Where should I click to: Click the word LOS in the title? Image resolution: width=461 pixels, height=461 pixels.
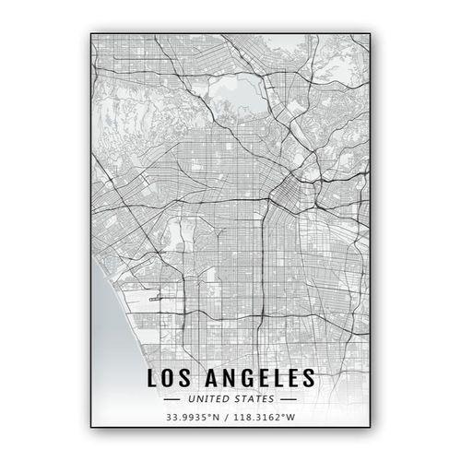[171, 377]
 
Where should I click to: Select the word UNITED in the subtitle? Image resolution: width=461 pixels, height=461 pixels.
[207, 399]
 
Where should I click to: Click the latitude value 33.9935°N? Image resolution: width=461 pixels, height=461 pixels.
[192, 419]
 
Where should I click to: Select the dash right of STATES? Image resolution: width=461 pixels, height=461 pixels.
[288, 399]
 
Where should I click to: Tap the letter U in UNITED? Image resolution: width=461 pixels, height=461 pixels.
[188, 399]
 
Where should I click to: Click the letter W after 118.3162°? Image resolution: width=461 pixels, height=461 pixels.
[295, 419]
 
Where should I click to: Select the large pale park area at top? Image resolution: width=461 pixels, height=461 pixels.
[235, 92]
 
